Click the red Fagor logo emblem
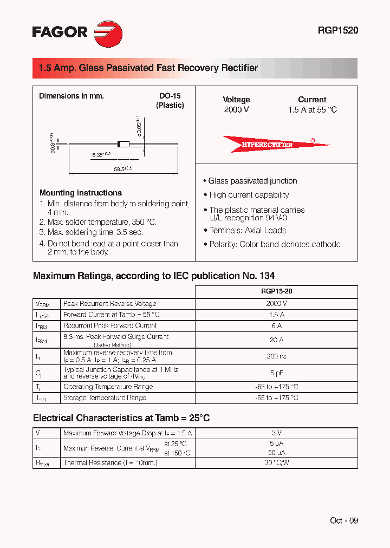coord(108,34)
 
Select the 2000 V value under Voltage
coord(236,109)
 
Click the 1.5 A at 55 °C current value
coord(312,109)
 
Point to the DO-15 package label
coord(170,96)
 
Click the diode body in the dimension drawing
coord(124,144)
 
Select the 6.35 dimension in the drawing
coord(101,155)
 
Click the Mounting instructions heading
coord(81,193)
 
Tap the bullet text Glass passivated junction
coord(252,181)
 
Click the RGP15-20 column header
coord(276,291)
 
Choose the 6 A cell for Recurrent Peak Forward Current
coord(276,326)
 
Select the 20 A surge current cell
coord(276,340)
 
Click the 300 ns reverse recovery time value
coord(276,356)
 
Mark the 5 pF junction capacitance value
coord(276,373)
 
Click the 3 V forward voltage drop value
coord(276,433)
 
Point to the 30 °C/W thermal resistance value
coord(276,463)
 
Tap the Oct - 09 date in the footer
coord(344,520)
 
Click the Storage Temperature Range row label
coord(105,398)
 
